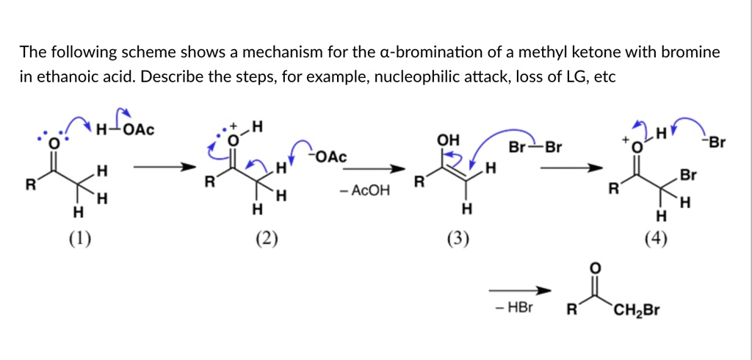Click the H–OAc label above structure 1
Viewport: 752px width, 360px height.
pyautogui.click(x=125, y=130)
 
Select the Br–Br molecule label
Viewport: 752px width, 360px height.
pyautogui.click(x=534, y=147)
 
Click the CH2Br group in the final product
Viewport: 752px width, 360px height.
pyautogui.click(x=638, y=310)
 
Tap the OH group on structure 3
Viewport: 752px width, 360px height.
pyautogui.click(x=447, y=140)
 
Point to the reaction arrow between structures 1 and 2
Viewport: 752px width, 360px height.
pyautogui.click(x=160, y=167)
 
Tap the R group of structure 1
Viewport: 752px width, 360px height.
pyautogui.click(x=31, y=184)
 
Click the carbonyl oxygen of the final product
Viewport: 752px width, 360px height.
pyautogui.click(x=595, y=267)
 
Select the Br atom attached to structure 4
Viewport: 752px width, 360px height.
pyautogui.click(x=687, y=176)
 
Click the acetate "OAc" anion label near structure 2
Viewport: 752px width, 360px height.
pyautogui.click(x=330, y=157)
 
